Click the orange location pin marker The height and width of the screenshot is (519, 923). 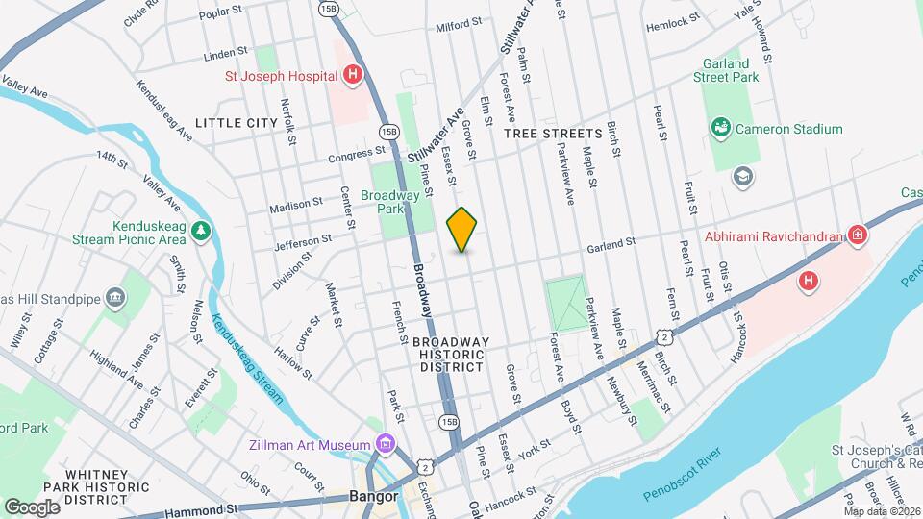point(462,229)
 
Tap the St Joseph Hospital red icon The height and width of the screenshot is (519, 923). point(353,75)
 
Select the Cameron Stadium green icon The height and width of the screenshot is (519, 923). point(719,128)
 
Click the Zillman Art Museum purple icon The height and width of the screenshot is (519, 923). point(386,445)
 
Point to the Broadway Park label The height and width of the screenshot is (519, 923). point(390,201)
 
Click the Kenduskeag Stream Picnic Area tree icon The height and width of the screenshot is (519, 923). point(200,230)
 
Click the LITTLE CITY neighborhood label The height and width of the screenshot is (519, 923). point(236,123)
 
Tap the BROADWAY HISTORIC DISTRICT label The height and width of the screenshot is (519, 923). point(451,354)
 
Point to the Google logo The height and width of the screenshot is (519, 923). point(32,507)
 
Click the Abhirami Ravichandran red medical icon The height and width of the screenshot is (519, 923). point(857,235)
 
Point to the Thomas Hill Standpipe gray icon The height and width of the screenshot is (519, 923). point(116,297)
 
